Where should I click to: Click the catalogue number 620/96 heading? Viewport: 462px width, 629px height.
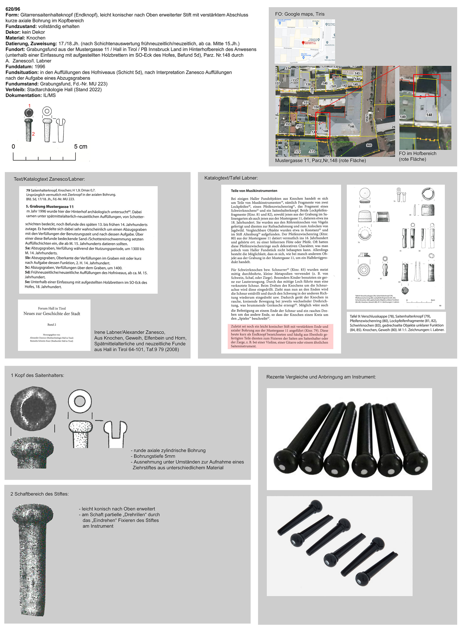(13, 9)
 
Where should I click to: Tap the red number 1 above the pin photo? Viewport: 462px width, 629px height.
(29, 106)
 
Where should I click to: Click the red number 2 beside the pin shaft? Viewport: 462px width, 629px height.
(33, 134)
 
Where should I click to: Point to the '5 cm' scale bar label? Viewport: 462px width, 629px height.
(80, 146)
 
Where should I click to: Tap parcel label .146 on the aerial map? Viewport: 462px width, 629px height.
(351, 126)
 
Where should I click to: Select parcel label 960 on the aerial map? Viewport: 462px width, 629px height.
(369, 145)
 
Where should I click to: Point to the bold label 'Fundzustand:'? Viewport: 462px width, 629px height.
(21, 26)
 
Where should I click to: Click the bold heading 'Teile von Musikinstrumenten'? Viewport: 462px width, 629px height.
(254, 191)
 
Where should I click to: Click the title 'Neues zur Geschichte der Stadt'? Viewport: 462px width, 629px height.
(52, 313)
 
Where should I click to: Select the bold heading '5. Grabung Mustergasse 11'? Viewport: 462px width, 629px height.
(50, 206)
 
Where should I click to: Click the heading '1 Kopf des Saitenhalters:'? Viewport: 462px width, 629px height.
(37, 375)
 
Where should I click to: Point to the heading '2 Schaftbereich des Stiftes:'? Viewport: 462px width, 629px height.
(39, 494)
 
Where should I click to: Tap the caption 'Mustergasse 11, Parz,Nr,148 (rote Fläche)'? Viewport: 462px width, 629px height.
(320, 160)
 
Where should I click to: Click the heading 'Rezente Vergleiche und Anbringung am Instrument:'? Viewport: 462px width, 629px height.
(321, 377)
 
